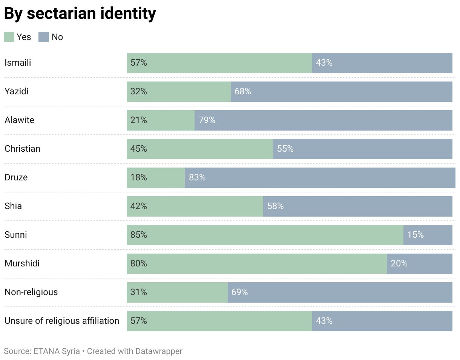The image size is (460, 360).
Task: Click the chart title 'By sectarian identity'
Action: click(80, 14)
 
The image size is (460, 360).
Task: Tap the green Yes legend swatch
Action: click(9, 37)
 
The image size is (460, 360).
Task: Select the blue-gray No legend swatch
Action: click(44, 37)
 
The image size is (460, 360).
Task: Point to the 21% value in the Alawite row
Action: click(139, 120)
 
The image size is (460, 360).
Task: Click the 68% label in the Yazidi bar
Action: click(243, 91)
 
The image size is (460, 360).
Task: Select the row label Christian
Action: click(22, 149)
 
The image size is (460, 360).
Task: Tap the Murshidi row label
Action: click(22, 263)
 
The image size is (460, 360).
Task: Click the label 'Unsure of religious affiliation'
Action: click(62, 321)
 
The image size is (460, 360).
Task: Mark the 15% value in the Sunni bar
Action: click(416, 235)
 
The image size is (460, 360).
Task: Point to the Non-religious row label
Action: click(31, 292)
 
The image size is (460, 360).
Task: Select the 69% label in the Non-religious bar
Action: click(240, 292)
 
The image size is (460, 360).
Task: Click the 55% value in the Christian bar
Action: click(285, 149)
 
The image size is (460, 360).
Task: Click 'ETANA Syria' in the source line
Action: click(57, 351)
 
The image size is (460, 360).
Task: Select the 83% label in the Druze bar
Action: click(197, 177)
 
